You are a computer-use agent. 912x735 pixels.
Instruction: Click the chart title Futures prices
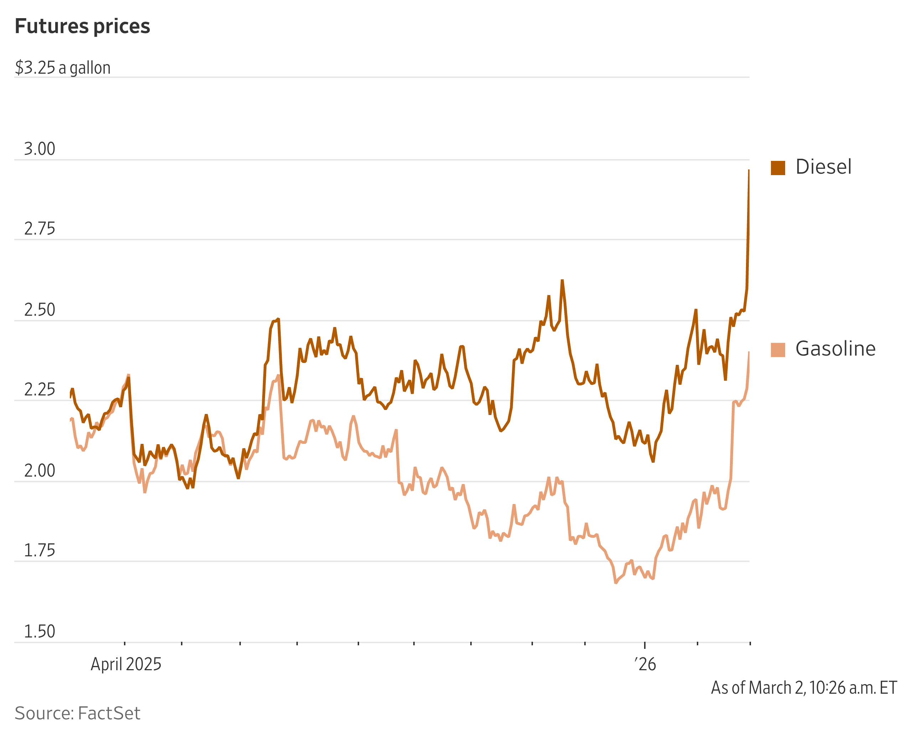point(82,26)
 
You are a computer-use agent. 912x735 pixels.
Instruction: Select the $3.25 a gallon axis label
point(63,68)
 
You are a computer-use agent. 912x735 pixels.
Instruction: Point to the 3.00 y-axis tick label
point(40,149)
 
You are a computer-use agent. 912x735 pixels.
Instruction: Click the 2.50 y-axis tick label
point(40,310)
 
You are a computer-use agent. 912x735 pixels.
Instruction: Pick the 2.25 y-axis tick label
point(40,389)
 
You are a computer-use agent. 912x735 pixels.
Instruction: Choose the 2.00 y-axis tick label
point(40,471)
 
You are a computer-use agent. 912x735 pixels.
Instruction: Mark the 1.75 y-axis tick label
point(40,550)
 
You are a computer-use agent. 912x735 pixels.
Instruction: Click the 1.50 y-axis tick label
point(40,631)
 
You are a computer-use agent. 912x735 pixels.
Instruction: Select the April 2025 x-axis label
point(126,664)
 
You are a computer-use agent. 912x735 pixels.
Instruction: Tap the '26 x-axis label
point(645,664)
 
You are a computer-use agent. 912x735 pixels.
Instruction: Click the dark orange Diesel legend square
point(778,168)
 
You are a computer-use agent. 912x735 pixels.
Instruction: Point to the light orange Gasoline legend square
point(778,350)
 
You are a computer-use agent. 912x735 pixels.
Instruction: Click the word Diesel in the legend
point(823,167)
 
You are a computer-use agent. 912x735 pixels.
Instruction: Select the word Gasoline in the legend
point(835,349)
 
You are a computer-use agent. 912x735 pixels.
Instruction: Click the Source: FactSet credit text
point(77,713)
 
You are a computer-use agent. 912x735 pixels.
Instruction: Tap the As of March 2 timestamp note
point(803,688)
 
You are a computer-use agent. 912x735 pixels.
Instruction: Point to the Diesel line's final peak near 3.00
point(748,170)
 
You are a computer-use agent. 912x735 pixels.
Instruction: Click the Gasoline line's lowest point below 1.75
point(615,583)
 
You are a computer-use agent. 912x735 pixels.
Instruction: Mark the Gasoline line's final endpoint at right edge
point(748,352)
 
